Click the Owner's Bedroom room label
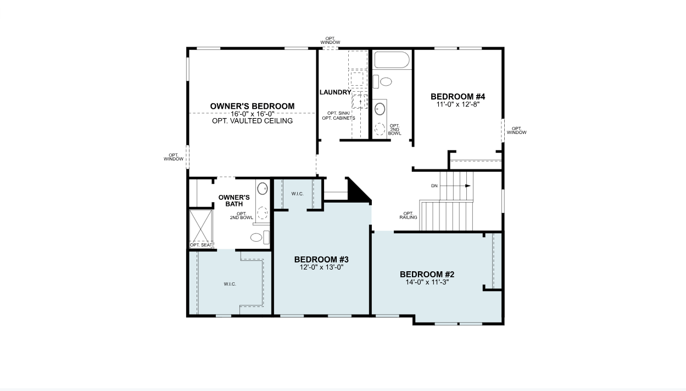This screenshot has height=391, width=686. pyautogui.click(x=252, y=106)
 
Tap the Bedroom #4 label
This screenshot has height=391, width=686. pyautogui.click(x=458, y=97)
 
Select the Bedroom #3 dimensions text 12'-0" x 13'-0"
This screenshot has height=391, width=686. pyautogui.click(x=321, y=267)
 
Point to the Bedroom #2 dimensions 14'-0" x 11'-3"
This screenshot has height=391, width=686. pyautogui.click(x=427, y=282)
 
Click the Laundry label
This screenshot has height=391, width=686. pyautogui.click(x=336, y=92)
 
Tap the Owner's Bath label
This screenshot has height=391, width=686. pyautogui.click(x=234, y=200)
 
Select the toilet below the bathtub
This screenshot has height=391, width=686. pyautogui.click(x=382, y=82)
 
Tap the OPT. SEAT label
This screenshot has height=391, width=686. pyautogui.click(x=201, y=245)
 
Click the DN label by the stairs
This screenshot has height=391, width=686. pyautogui.click(x=434, y=186)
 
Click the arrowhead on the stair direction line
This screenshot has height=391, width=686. pyautogui.click(x=467, y=186)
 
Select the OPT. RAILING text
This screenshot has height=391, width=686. pyautogui.click(x=408, y=216)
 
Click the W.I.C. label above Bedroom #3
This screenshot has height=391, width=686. pyautogui.click(x=297, y=194)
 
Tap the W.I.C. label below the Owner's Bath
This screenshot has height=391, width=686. pyautogui.click(x=230, y=284)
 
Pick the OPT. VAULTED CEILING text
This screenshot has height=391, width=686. pyautogui.click(x=252, y=121)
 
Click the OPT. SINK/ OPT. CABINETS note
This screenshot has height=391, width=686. pyautogui.click(x=338, y=116)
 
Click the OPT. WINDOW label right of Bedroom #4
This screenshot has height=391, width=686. pyautogui.click(x=517, y=131)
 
